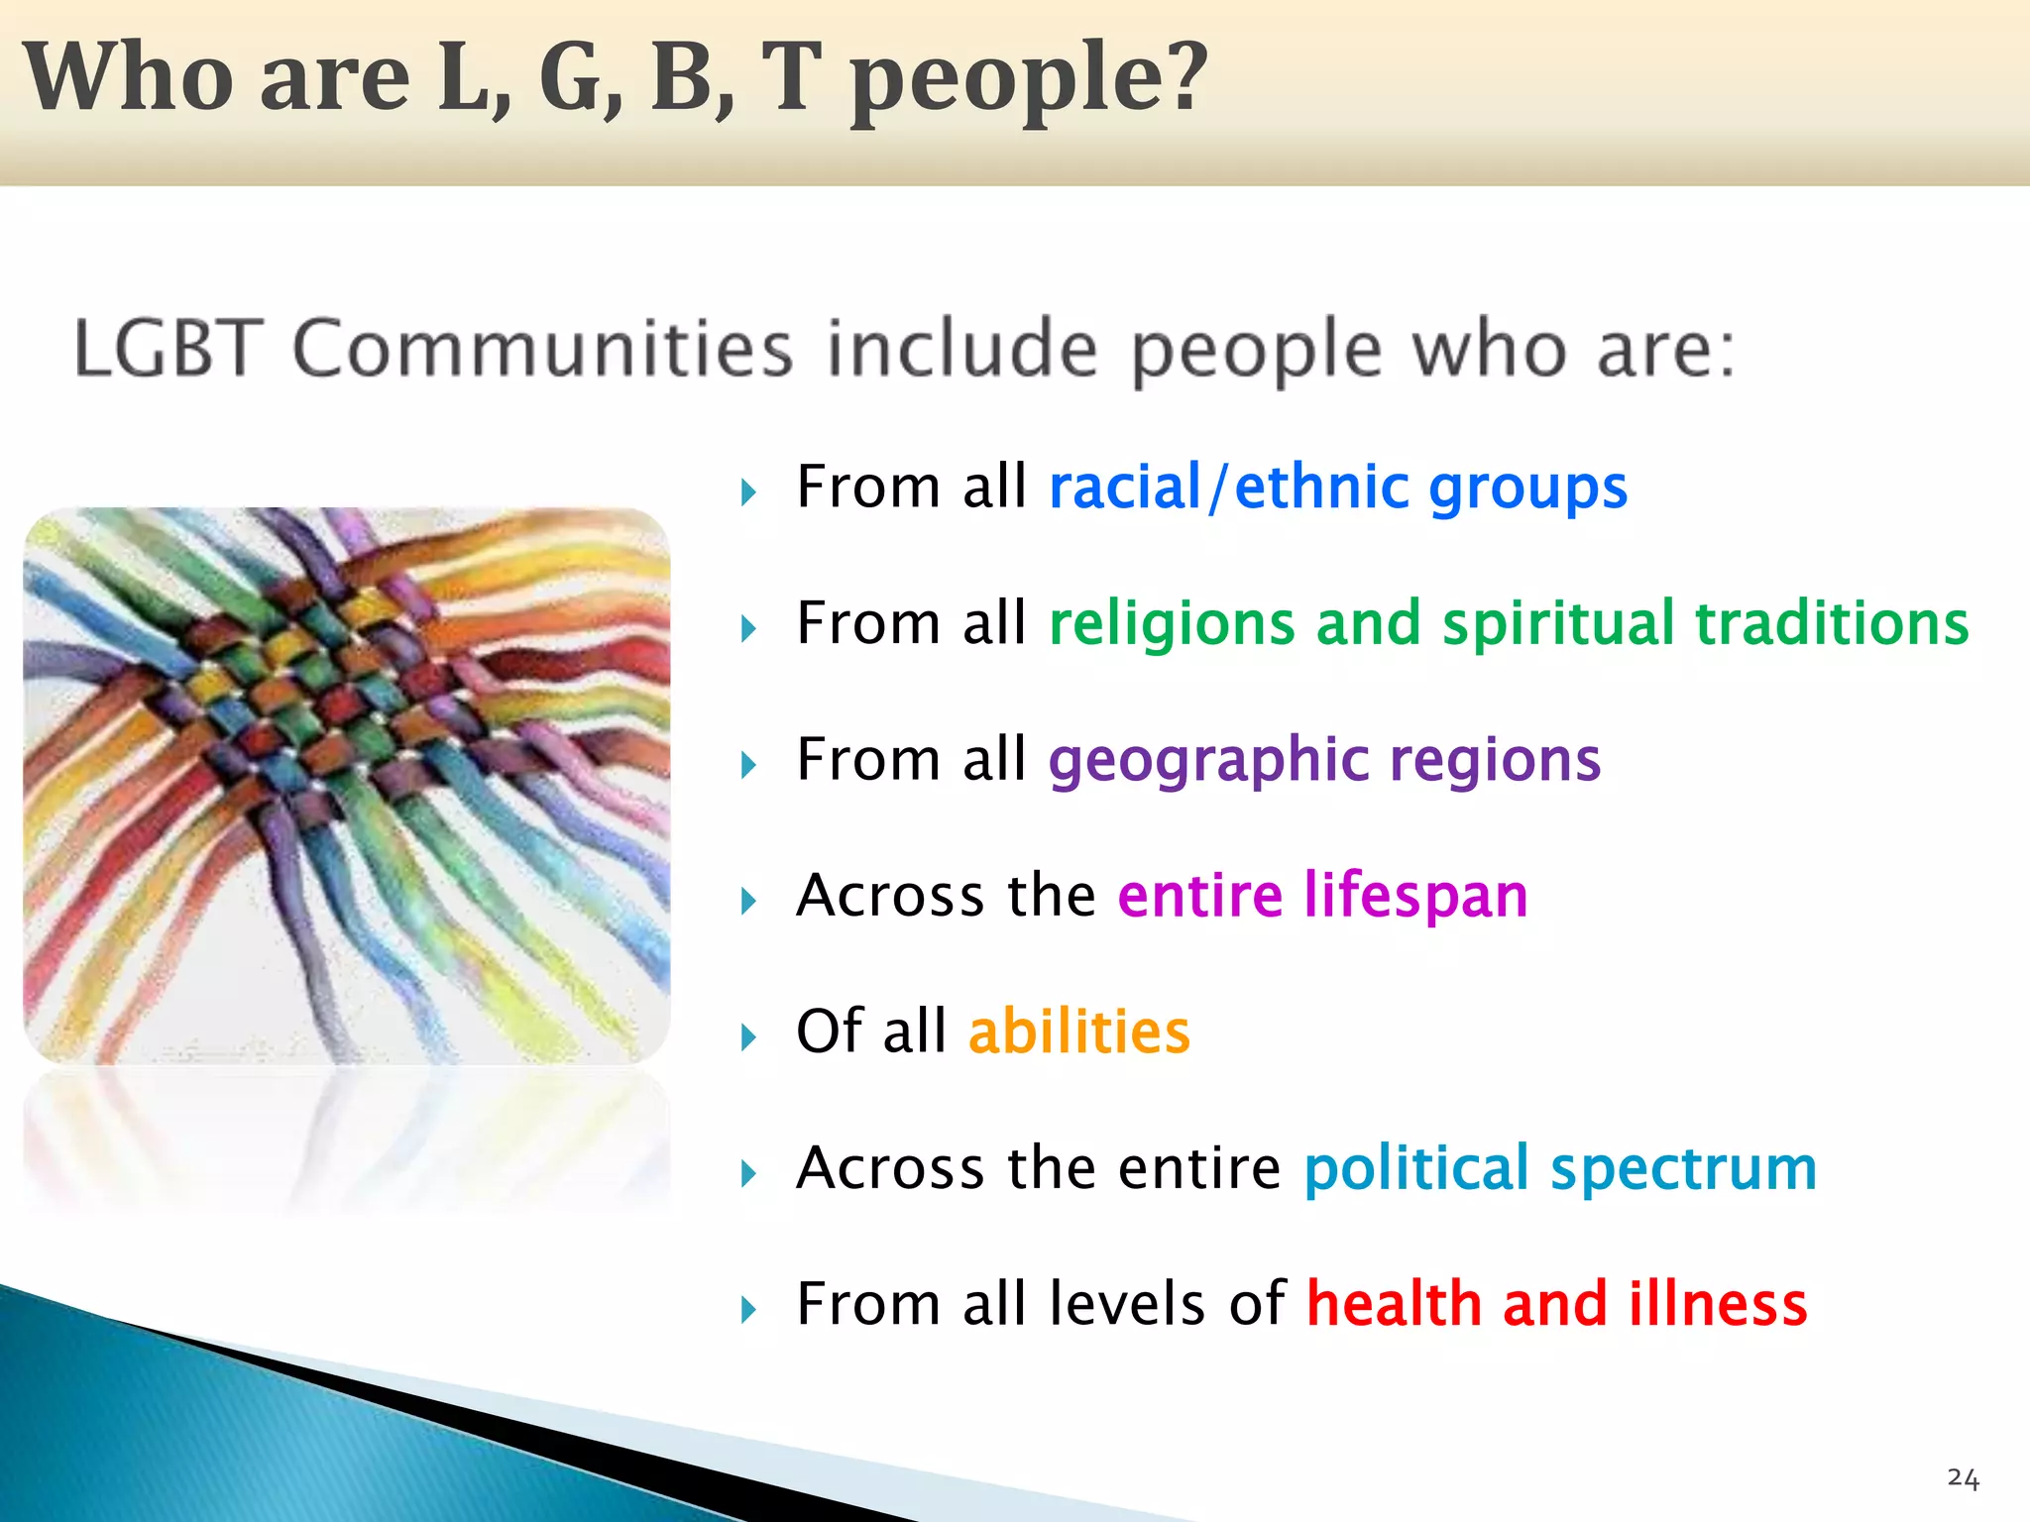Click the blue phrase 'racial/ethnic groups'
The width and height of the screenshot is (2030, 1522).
[x=1338, y=488]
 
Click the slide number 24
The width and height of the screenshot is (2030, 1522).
[x=1963, y=1478]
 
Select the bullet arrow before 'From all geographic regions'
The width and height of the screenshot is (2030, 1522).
[x=748, y=765]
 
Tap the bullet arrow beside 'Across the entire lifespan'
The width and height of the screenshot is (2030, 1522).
[x=748, y=901]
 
